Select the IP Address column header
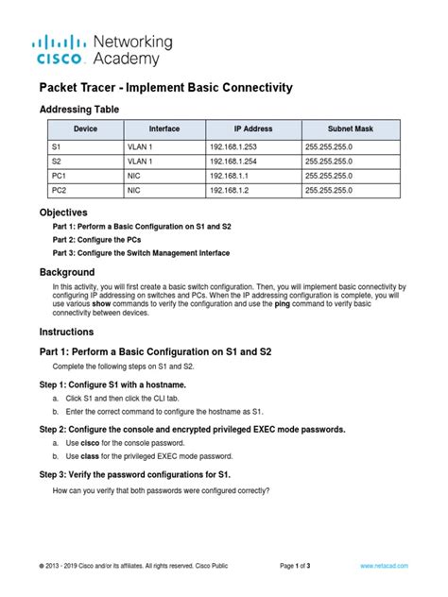(253, 128)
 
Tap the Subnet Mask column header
(352, 128)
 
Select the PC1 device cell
(59, 176)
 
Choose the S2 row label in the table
(56, 162)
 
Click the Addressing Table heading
(79, 110)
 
